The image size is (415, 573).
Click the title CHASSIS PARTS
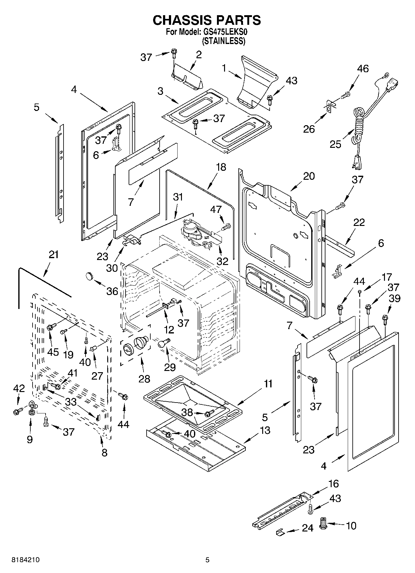point(207,20)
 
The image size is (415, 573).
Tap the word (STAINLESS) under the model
point(224,41)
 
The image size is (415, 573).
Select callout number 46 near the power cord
point(363,68)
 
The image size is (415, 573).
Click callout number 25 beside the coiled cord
point(335,144)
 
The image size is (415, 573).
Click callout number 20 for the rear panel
point(309,176)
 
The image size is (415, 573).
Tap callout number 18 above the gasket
point(221,167)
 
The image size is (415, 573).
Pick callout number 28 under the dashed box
point(144,378)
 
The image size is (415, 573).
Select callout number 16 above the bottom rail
point(333,484)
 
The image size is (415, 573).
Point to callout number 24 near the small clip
point(307,528)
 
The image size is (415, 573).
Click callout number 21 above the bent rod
point(53,254)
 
